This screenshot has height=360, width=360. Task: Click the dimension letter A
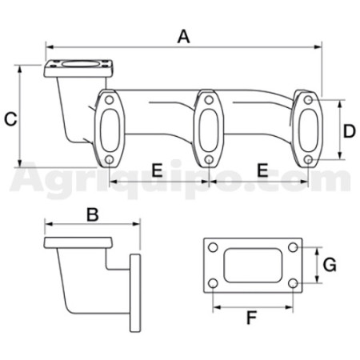coord(184,37)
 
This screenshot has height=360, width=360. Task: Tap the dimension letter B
coord(93,214)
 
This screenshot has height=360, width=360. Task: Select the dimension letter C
coord(11,119)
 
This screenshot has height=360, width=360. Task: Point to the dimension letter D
coord(350,131)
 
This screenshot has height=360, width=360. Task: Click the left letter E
coord(157,170)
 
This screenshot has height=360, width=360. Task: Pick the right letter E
coord(262,170)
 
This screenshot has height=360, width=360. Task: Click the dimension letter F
coord(251,318)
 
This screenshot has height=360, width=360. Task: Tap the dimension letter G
coord(330,265)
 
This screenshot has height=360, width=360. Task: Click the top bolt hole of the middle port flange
coord(209,100)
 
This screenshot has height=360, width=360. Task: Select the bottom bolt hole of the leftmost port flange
coord(109,160)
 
